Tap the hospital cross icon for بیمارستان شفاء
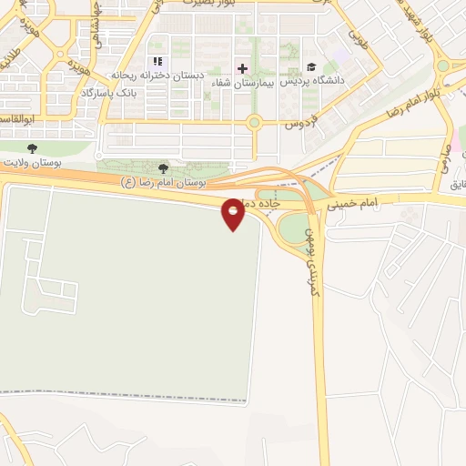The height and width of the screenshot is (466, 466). point(242,68)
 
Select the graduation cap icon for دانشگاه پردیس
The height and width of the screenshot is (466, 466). point(312,67)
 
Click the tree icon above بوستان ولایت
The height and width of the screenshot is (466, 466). point(33,148)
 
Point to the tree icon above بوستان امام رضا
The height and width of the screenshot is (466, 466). point(164,168)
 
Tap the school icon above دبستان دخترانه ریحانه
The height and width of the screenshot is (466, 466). point(158,62)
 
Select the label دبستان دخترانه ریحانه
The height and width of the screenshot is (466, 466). point(156,76)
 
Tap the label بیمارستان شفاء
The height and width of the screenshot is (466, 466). point(242,83)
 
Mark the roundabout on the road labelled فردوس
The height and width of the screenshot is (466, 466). point(254,122)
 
